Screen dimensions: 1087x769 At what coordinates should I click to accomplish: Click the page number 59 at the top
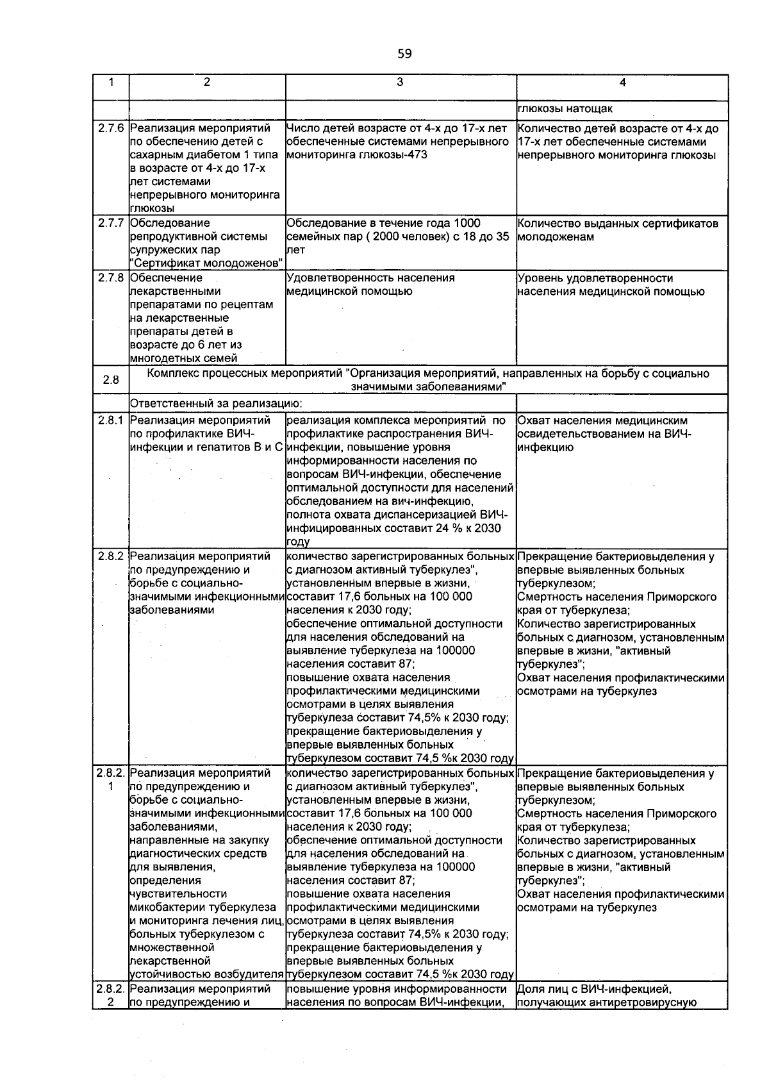404,54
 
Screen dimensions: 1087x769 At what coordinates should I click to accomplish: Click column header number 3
400,82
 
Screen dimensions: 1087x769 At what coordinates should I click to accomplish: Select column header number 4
622,83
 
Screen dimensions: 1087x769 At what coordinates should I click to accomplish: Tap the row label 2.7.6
111,129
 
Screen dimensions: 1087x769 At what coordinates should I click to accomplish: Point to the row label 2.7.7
111,223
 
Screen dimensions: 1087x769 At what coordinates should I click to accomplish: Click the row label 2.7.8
111,278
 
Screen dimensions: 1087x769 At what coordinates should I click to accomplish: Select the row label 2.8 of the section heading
111,380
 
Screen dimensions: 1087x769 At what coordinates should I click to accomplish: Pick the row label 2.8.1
111,420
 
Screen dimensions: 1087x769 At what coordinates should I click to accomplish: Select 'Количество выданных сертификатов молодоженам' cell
617,230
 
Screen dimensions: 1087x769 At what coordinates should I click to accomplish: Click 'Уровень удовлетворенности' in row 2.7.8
595,278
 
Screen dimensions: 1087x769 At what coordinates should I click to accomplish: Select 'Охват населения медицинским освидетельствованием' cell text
602,434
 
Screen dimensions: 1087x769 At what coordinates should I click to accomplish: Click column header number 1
111,82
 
